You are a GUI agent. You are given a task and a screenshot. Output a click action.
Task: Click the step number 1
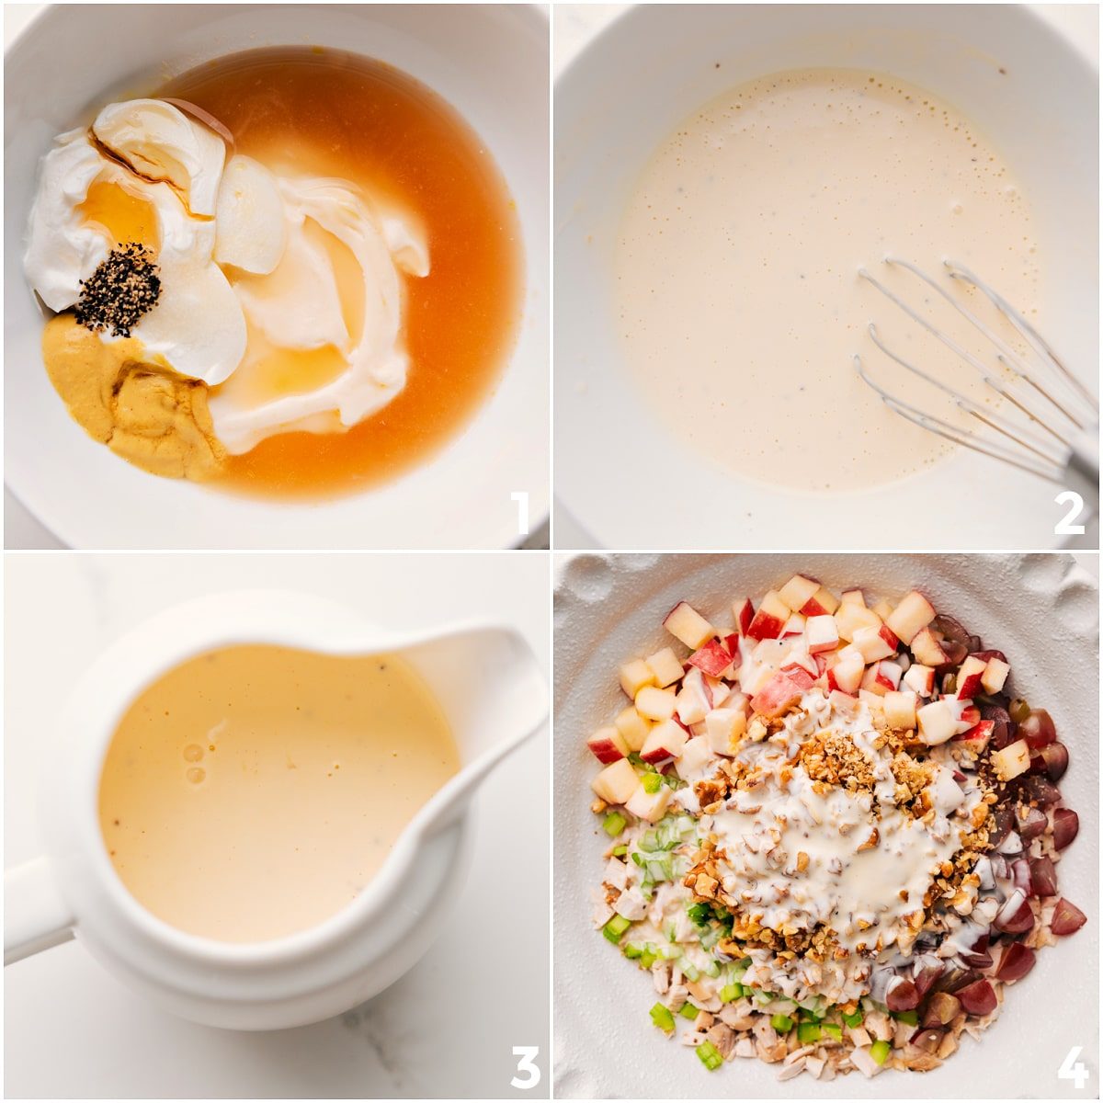(x=521, y=514)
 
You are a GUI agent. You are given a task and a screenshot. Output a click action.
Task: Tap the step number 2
(x=1069, y=514)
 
